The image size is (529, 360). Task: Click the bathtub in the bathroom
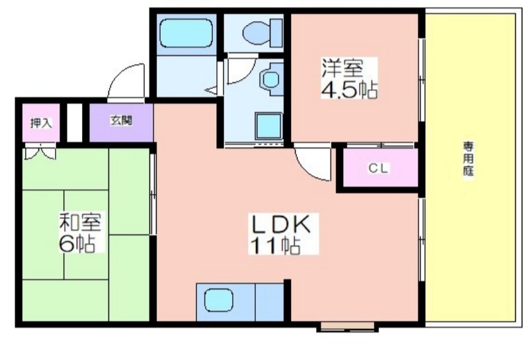186,33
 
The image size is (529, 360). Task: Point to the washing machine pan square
268,126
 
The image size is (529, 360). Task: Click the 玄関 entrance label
121,120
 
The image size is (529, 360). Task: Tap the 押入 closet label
41,123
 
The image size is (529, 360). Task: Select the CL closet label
379,168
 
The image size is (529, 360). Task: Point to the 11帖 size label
274,245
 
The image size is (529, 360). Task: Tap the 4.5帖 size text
349,89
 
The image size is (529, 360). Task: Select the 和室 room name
80,222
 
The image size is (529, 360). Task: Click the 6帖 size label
77,243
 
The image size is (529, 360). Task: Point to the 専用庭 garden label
468,159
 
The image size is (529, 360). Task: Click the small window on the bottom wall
348,326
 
